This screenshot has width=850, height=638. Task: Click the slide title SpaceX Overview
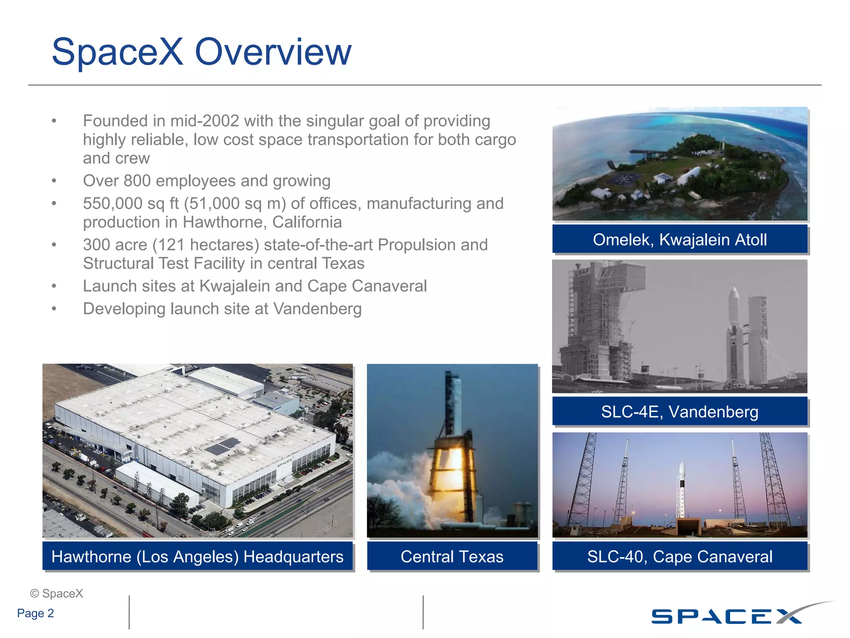pyautogui.click(x=201, y=52)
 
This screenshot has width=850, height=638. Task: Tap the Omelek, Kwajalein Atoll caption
pyautogui.click(x=679, y=240)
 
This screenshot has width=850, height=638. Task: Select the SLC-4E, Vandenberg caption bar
pyautogui.click(x=679, y=412)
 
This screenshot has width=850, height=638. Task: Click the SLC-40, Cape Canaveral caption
pyautogui.click(x=679, y=557)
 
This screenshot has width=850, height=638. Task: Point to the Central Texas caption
pyautogui.click(x=452, y=557)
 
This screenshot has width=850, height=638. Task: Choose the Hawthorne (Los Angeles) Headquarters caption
pyautogui.click(x=198, y=557)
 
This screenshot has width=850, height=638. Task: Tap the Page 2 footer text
pyautogui.click(x=36, y=613)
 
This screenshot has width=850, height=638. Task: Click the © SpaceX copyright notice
pyautogui.click(x=56, y=594)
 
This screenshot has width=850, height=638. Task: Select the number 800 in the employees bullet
pyautogui.click(x=137, y=181)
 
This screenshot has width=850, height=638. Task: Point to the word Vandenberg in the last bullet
pyautogui.click(x=318, y=309)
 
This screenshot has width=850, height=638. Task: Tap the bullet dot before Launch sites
pyautogui.click(x=54, y=286)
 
